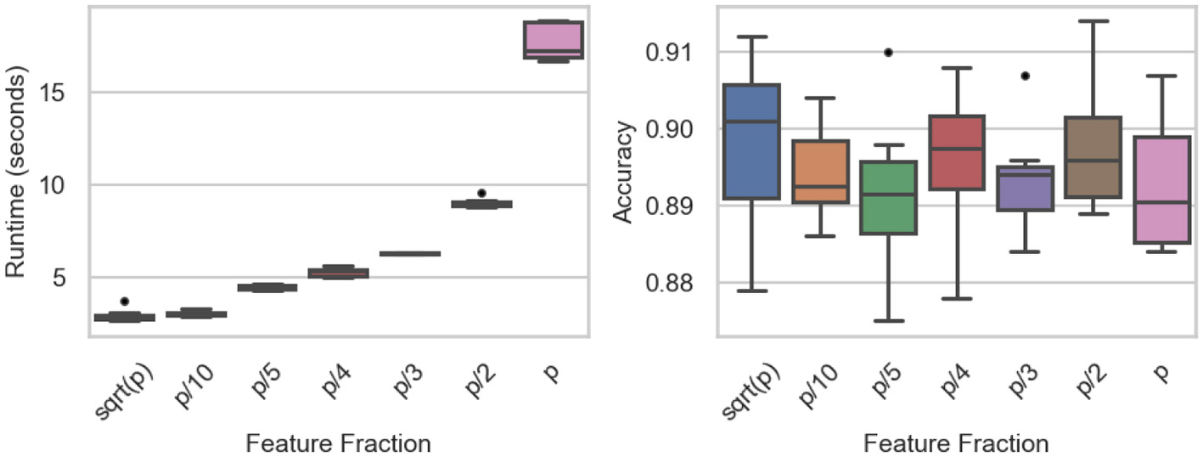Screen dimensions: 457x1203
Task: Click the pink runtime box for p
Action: point(553,40)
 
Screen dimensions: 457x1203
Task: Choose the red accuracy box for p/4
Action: point(956,153)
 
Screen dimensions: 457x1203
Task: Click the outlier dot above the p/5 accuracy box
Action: point(888,52)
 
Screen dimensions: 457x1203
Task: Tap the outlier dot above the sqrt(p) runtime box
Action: point(125,301)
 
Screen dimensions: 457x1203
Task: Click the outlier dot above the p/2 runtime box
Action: point(481,193)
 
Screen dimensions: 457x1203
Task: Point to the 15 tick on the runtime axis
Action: point(61,92)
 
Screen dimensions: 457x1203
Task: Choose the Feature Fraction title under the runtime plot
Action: point(338,443)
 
